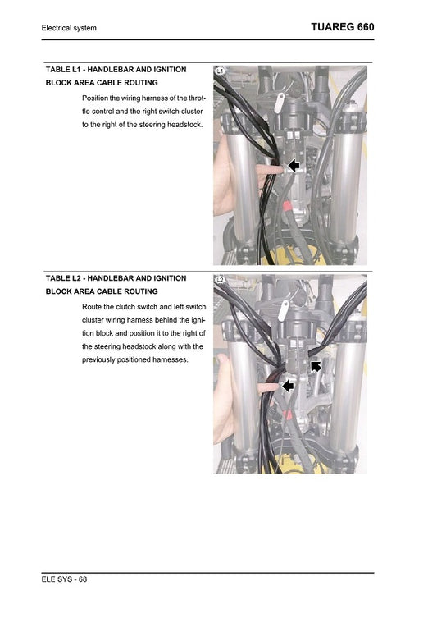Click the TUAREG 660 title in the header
[x=343, y=27]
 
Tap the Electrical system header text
[x=69, y=29]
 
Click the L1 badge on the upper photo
[x=220, y=72]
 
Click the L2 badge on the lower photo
[x=220, y=281]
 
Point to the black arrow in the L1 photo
[x=293, y=166]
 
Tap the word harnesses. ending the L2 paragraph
[x=167, y=359]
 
